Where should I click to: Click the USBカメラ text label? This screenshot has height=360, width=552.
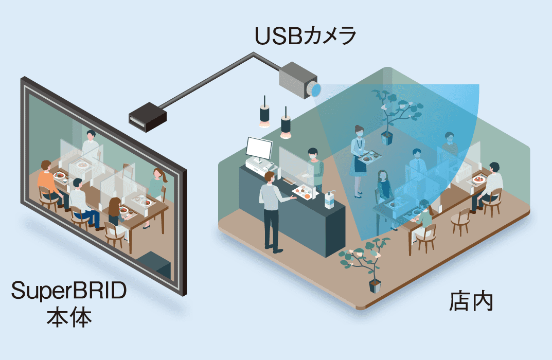coord(306,37)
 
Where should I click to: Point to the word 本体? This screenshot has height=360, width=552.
coord(69,318)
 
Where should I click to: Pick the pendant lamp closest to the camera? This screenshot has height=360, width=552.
coord(286,127)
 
